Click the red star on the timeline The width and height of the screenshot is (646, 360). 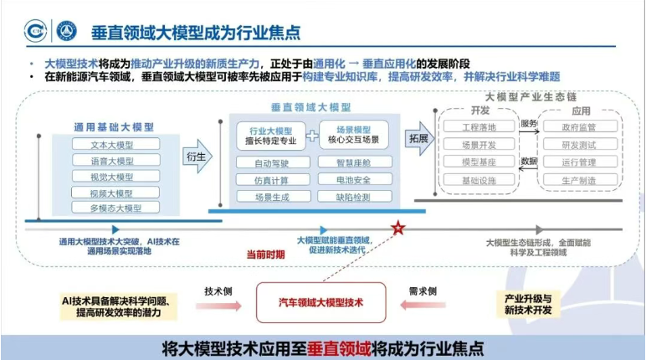[x=399, y=228]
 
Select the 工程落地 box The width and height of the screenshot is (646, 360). [x=479, y=127]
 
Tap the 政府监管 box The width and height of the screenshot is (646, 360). [x=578, y=127]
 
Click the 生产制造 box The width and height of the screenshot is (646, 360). [x=578, y=181]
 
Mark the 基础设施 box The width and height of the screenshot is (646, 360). [x=479, y=181]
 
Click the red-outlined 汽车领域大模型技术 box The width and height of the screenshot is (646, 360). [x=321, y=302]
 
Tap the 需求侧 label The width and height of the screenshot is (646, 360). [x=423, y=291]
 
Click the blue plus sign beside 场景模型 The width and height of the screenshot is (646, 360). [x=311, y=136]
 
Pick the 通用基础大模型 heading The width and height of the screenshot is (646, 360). [x=114, y=126]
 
